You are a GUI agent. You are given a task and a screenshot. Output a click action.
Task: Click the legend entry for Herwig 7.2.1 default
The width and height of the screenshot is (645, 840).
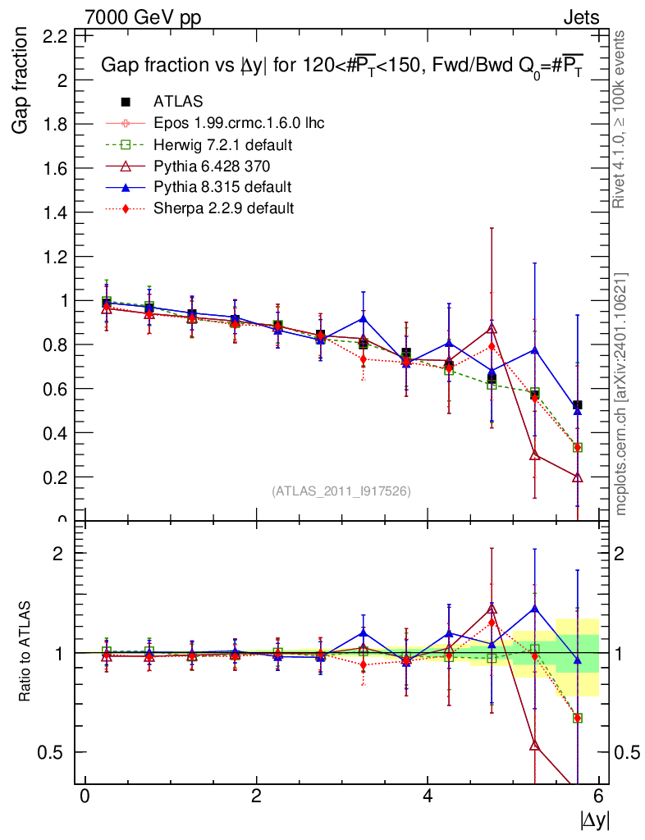(213, 144)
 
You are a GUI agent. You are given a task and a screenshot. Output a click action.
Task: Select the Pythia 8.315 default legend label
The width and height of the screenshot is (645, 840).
(211, 187)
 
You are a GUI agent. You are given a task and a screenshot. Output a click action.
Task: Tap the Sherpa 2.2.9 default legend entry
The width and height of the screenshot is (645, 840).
(211, 208)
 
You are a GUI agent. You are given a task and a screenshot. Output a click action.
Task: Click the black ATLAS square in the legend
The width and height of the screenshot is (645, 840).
(126, 102)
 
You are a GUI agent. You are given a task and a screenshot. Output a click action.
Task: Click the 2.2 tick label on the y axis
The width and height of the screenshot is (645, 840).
(54, 36)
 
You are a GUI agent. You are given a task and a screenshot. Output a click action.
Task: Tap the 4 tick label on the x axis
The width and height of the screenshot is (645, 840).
(428, 797)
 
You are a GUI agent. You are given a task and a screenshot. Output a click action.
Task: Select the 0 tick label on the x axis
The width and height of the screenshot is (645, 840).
(85, 797)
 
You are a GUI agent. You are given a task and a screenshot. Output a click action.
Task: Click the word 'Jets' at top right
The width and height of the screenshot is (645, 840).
(581, 17)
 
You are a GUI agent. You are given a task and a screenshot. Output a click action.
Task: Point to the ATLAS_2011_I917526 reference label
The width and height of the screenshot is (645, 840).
(341, 491)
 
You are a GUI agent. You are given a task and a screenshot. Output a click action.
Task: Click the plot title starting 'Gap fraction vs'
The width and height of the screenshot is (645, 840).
(341, 66)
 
